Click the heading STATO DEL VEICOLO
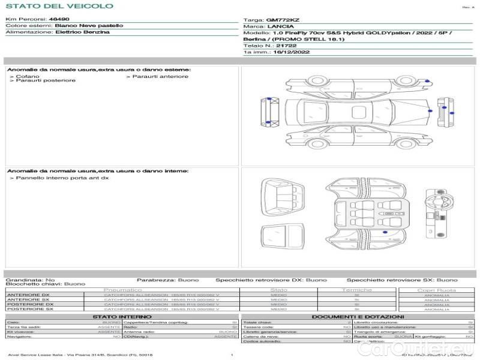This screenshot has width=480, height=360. pyautogui.click(x=59, y=6)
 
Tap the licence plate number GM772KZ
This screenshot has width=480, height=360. pyautogui.click(x=282, y=20)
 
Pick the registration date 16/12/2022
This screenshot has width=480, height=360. pyautogui.click(x=283, y=52)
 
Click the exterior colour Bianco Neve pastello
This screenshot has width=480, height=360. pyautogui.click(x=89, y=26)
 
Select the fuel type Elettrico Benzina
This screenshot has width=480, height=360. pyautogui.click(x=82, y=32)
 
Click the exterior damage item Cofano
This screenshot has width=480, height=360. pyautogui.click(x=28, y=76)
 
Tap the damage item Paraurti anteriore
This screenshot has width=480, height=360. pyautogui.click(x=160, y=76)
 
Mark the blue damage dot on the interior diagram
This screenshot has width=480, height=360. pyautogui.click(x=385, y=232)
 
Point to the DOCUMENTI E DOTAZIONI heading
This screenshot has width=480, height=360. pyautogui.click(x=358, y=316)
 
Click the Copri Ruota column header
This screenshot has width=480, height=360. pyautogui.click(x=437, y=290)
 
